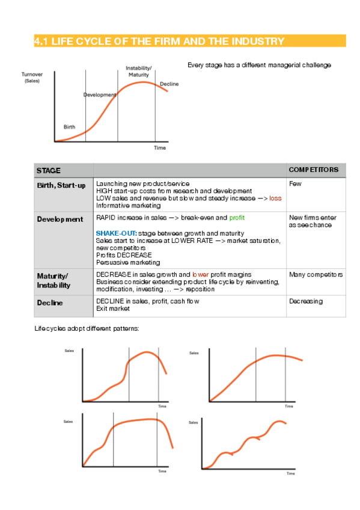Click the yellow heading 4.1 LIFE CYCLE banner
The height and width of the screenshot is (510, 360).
159,41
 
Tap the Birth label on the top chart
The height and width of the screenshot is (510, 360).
70,126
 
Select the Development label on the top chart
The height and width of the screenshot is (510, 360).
99,95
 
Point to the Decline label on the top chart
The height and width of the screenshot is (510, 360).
169,84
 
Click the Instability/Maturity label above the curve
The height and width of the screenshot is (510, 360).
138,71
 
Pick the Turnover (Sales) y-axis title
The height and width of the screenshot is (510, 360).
32,77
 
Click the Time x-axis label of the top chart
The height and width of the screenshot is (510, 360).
159,147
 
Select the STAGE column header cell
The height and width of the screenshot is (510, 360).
49,171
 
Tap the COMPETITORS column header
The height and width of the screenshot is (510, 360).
317,170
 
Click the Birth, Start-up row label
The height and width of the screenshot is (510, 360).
61,185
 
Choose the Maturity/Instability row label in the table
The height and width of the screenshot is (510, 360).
55,280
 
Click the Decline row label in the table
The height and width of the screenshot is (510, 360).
50,303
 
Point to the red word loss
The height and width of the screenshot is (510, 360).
275,198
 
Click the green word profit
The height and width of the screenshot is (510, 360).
237,217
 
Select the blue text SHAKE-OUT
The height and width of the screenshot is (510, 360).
116,233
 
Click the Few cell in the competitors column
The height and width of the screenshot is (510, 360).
295,183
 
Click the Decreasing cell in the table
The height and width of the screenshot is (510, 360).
306,301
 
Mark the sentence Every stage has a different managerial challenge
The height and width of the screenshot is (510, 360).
259,65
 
